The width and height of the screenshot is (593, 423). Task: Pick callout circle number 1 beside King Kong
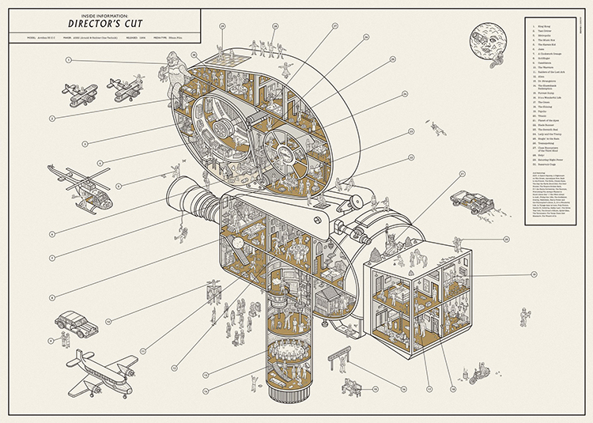[69, 60]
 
